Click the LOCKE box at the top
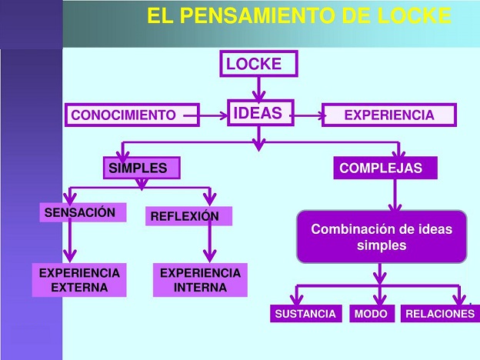tap(258, 63)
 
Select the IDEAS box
tap(261, 112)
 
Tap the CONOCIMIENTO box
tap(132, 115)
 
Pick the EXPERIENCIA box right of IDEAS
tap(389, 115)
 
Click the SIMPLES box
tap(142, 168)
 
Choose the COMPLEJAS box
tap(385, 168)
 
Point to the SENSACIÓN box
tap(82, 212)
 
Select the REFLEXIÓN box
tap(188, 216)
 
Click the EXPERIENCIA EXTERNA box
tap(79, 280)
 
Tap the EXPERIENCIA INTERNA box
tap(200, 280)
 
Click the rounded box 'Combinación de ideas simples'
tap(382, 237)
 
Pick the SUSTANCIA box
tap(306, 313)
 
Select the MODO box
tap(372, 313)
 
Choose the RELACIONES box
tap(440, 313)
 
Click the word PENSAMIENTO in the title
tap(257, 15)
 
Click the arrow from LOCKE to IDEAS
tap(259, 89)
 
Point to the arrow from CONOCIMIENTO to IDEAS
tap(205, 115)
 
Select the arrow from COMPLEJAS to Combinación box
tap(395, 195)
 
